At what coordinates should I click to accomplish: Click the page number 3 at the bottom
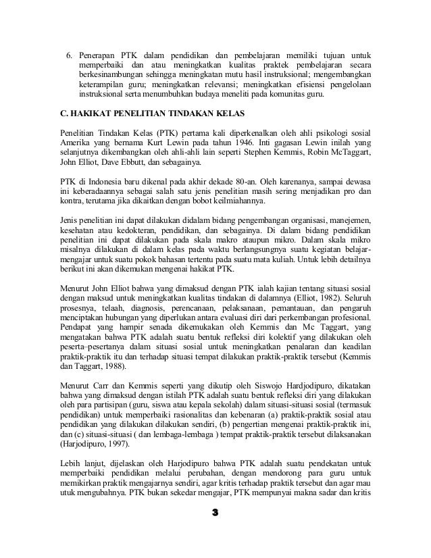point(215,532)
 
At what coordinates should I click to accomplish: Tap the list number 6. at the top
point(68,54)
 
